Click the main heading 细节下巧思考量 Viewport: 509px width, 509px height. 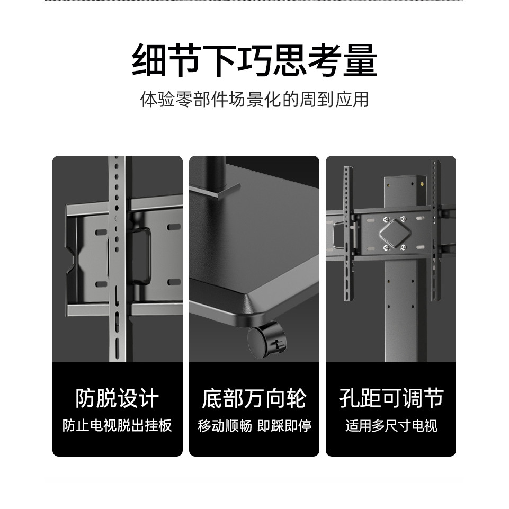(254, 61)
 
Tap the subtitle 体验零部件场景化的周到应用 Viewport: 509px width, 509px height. (254, 100)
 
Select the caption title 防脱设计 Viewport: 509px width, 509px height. (117, 398)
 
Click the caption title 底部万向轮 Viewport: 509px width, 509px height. (254, 398)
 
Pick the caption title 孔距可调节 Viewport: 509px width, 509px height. (391, 398)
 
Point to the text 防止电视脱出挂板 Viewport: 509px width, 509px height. (117, 425)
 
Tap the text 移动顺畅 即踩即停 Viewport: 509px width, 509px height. (254, 425)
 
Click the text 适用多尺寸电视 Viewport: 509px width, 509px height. (391, 425)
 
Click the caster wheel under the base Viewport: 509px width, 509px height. (267, 340)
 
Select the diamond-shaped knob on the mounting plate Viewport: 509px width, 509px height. (395, 233)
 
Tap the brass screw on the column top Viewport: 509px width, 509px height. (422, 184)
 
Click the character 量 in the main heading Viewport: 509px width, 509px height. (360, 61)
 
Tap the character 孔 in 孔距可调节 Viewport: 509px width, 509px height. (349, 398)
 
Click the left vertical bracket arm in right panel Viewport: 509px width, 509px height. (349, 234)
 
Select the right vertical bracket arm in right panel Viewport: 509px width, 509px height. (436, 230)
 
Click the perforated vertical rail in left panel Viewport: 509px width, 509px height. (117, 258)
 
